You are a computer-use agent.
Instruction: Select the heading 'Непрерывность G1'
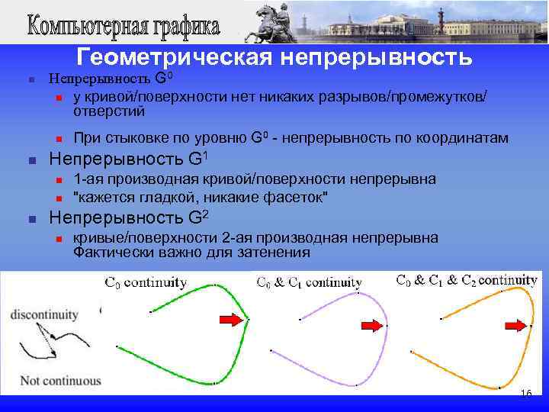(128, 159)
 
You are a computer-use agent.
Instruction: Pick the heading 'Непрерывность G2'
(128, 217)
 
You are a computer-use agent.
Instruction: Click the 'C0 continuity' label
(145, 282)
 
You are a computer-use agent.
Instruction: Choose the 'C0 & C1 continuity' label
(309, 282)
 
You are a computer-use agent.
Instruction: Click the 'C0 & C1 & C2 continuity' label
(467, 279)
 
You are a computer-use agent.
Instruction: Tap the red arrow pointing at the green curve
(229, 318)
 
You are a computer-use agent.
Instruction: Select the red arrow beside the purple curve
(371, 326)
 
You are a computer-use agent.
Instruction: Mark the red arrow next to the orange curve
(515, 326)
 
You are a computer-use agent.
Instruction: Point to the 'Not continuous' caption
(50, 380)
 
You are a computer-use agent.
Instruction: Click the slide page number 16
(525, 393)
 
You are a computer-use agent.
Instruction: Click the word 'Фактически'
(111, 253)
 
